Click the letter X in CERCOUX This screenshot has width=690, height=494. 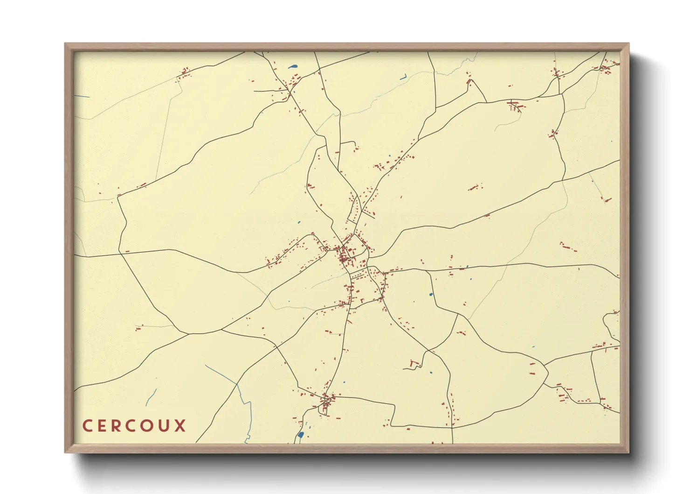[x=180, y=426]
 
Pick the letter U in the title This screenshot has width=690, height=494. [x=165, y=426]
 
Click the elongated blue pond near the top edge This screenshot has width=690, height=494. [x=293, y=66]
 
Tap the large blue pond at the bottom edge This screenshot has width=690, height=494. [x=301, y=435]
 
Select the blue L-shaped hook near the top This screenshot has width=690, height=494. [x=404, y=77]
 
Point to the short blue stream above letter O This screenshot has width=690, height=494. [x=151, y=397]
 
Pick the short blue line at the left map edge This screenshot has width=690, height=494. [x=82, y=97]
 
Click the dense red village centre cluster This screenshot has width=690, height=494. [x=346, y=256]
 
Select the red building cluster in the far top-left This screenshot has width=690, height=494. [x=185, y=73]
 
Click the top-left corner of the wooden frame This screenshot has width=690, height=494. [x=65, y=44]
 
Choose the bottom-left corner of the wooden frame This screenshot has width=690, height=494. [x=65, y=452]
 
